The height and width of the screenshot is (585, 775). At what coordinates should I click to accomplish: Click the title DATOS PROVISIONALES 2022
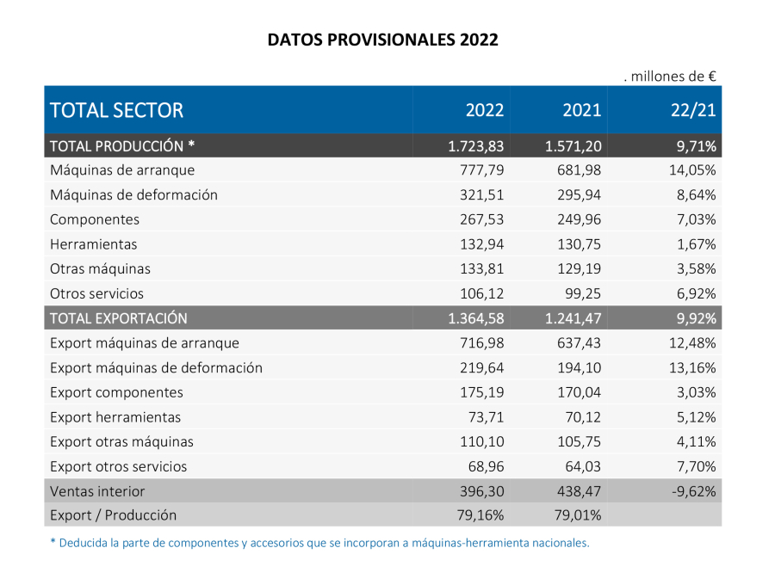(382, 40)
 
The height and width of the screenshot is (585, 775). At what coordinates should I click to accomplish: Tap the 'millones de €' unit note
(671, 77)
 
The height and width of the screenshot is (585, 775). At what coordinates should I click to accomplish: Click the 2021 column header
(582, 110)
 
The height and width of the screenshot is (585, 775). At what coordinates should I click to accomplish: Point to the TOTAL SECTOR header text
(117, 110)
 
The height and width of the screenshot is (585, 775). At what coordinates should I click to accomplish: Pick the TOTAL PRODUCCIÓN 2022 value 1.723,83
(476, 145)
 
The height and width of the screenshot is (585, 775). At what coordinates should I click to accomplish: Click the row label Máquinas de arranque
(122, 170)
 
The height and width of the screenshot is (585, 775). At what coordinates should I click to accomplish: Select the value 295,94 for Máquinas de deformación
(580, 195)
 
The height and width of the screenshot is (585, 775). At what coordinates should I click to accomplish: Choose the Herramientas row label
(94, 244)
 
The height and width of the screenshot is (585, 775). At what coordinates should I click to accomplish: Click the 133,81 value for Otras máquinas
(483, 269)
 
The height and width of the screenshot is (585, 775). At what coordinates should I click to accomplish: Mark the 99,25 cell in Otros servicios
(584, 293)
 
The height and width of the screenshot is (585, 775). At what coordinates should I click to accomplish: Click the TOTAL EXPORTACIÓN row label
(119, 318)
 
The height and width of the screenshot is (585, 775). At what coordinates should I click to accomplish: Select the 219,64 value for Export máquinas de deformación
(483, 368)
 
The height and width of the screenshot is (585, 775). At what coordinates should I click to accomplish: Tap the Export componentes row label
(117, 392)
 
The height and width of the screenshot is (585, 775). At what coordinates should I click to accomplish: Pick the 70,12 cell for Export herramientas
(584, 417)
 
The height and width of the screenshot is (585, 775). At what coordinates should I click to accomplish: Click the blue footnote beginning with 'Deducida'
(319, 544)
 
